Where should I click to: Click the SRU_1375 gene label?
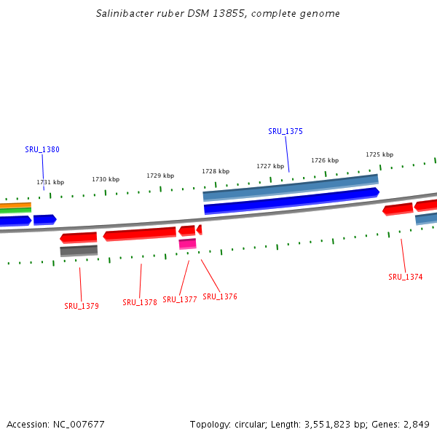point(286,132)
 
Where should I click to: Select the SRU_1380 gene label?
point(42,150)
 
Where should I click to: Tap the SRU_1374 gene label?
point(406,277)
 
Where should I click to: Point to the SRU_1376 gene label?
point(220,297)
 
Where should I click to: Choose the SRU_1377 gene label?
point(180,300)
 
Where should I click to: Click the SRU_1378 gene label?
point(140,303)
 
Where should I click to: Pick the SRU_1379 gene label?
point(82,307)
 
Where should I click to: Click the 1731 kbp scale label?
point(50,183)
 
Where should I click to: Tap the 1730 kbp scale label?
point(106,179)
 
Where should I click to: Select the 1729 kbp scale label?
point(160,176)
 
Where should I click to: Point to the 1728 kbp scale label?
point(216,171)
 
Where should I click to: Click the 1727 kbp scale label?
point(270,166)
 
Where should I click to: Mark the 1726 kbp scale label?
point(325,160)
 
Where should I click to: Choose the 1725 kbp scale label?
point(379,154)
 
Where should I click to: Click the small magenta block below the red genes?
point(187,244)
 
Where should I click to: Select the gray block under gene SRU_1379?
point(79,251)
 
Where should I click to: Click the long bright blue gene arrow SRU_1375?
point(291,201)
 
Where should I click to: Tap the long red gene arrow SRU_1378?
point(140,234)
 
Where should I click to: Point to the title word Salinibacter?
point(125,14)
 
